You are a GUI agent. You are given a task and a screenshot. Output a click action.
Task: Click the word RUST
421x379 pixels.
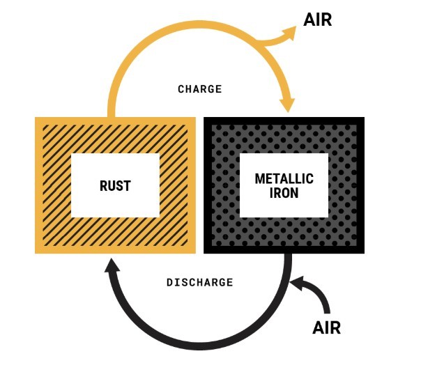[x=115, y=186]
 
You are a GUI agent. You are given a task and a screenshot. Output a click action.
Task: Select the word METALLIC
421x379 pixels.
[x=284, y=178]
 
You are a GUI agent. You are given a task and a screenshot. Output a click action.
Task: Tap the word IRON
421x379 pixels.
[x=284, y=193]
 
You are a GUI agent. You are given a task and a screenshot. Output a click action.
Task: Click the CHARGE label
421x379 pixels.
[x=200, y=89]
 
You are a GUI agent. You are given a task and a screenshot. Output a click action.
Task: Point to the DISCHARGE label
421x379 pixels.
[x=200, y=282]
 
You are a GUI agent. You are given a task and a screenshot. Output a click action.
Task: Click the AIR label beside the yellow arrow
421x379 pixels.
[x=318, y=20]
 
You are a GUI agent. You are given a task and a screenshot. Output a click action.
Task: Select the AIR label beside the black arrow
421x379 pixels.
[x=327, y=327]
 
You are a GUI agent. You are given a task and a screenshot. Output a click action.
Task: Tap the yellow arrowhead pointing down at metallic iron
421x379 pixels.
[x=288, y=105]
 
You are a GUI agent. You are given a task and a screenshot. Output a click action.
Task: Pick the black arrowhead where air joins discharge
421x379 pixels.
[x=298, y=283]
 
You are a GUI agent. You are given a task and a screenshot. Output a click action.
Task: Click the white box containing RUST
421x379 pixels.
[x=115, y=185]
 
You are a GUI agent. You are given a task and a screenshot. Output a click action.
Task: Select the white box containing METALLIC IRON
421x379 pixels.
[x=284, y=185]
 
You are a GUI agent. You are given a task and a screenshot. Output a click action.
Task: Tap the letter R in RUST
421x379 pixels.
[x=103, y=186]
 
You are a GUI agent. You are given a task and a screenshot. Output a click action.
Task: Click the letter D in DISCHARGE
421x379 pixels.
[x=170, y=282]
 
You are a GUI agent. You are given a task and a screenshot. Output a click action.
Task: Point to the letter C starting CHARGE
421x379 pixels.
[x=181, y=89]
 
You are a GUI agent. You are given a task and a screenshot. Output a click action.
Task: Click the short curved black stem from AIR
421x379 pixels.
[x=317, y=295]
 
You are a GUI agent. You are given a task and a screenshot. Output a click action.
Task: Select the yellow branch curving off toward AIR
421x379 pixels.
[x=277, y=41]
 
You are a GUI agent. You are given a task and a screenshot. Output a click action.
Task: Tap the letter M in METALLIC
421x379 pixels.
[x=259, y=178]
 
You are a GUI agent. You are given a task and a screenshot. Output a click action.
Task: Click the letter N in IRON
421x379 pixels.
[x=295, y=193]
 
